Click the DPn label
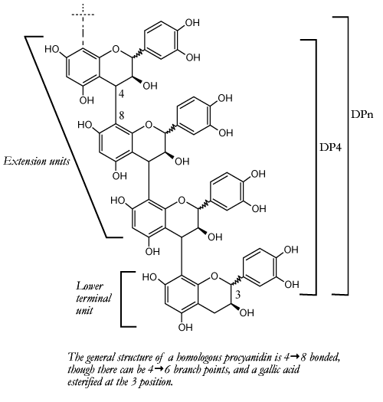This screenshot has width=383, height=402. [362, 114]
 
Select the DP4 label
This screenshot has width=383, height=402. [330, 147]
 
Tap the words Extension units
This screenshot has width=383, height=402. [37, 162]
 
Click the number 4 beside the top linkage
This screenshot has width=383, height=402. [121, 94]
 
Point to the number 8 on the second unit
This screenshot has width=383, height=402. [121, 116]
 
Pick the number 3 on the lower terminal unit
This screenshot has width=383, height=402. [237, 295]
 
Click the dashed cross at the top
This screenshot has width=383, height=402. [83, 15]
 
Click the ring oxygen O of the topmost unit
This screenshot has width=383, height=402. [116, 49]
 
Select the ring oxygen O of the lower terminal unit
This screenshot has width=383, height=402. [214, 276]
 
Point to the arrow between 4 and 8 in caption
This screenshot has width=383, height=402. [295, 357]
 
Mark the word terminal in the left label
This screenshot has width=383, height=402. [93, 298]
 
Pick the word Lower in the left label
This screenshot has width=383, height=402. [90, 286]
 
